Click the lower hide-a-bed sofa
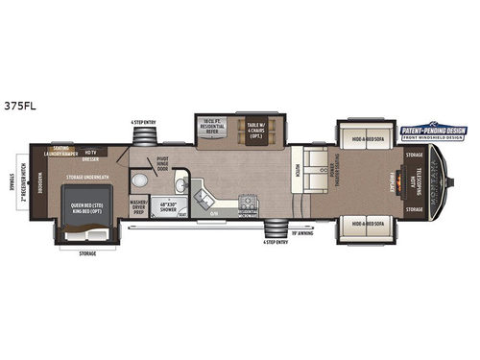pyautogui.click(x=364, y=224)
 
